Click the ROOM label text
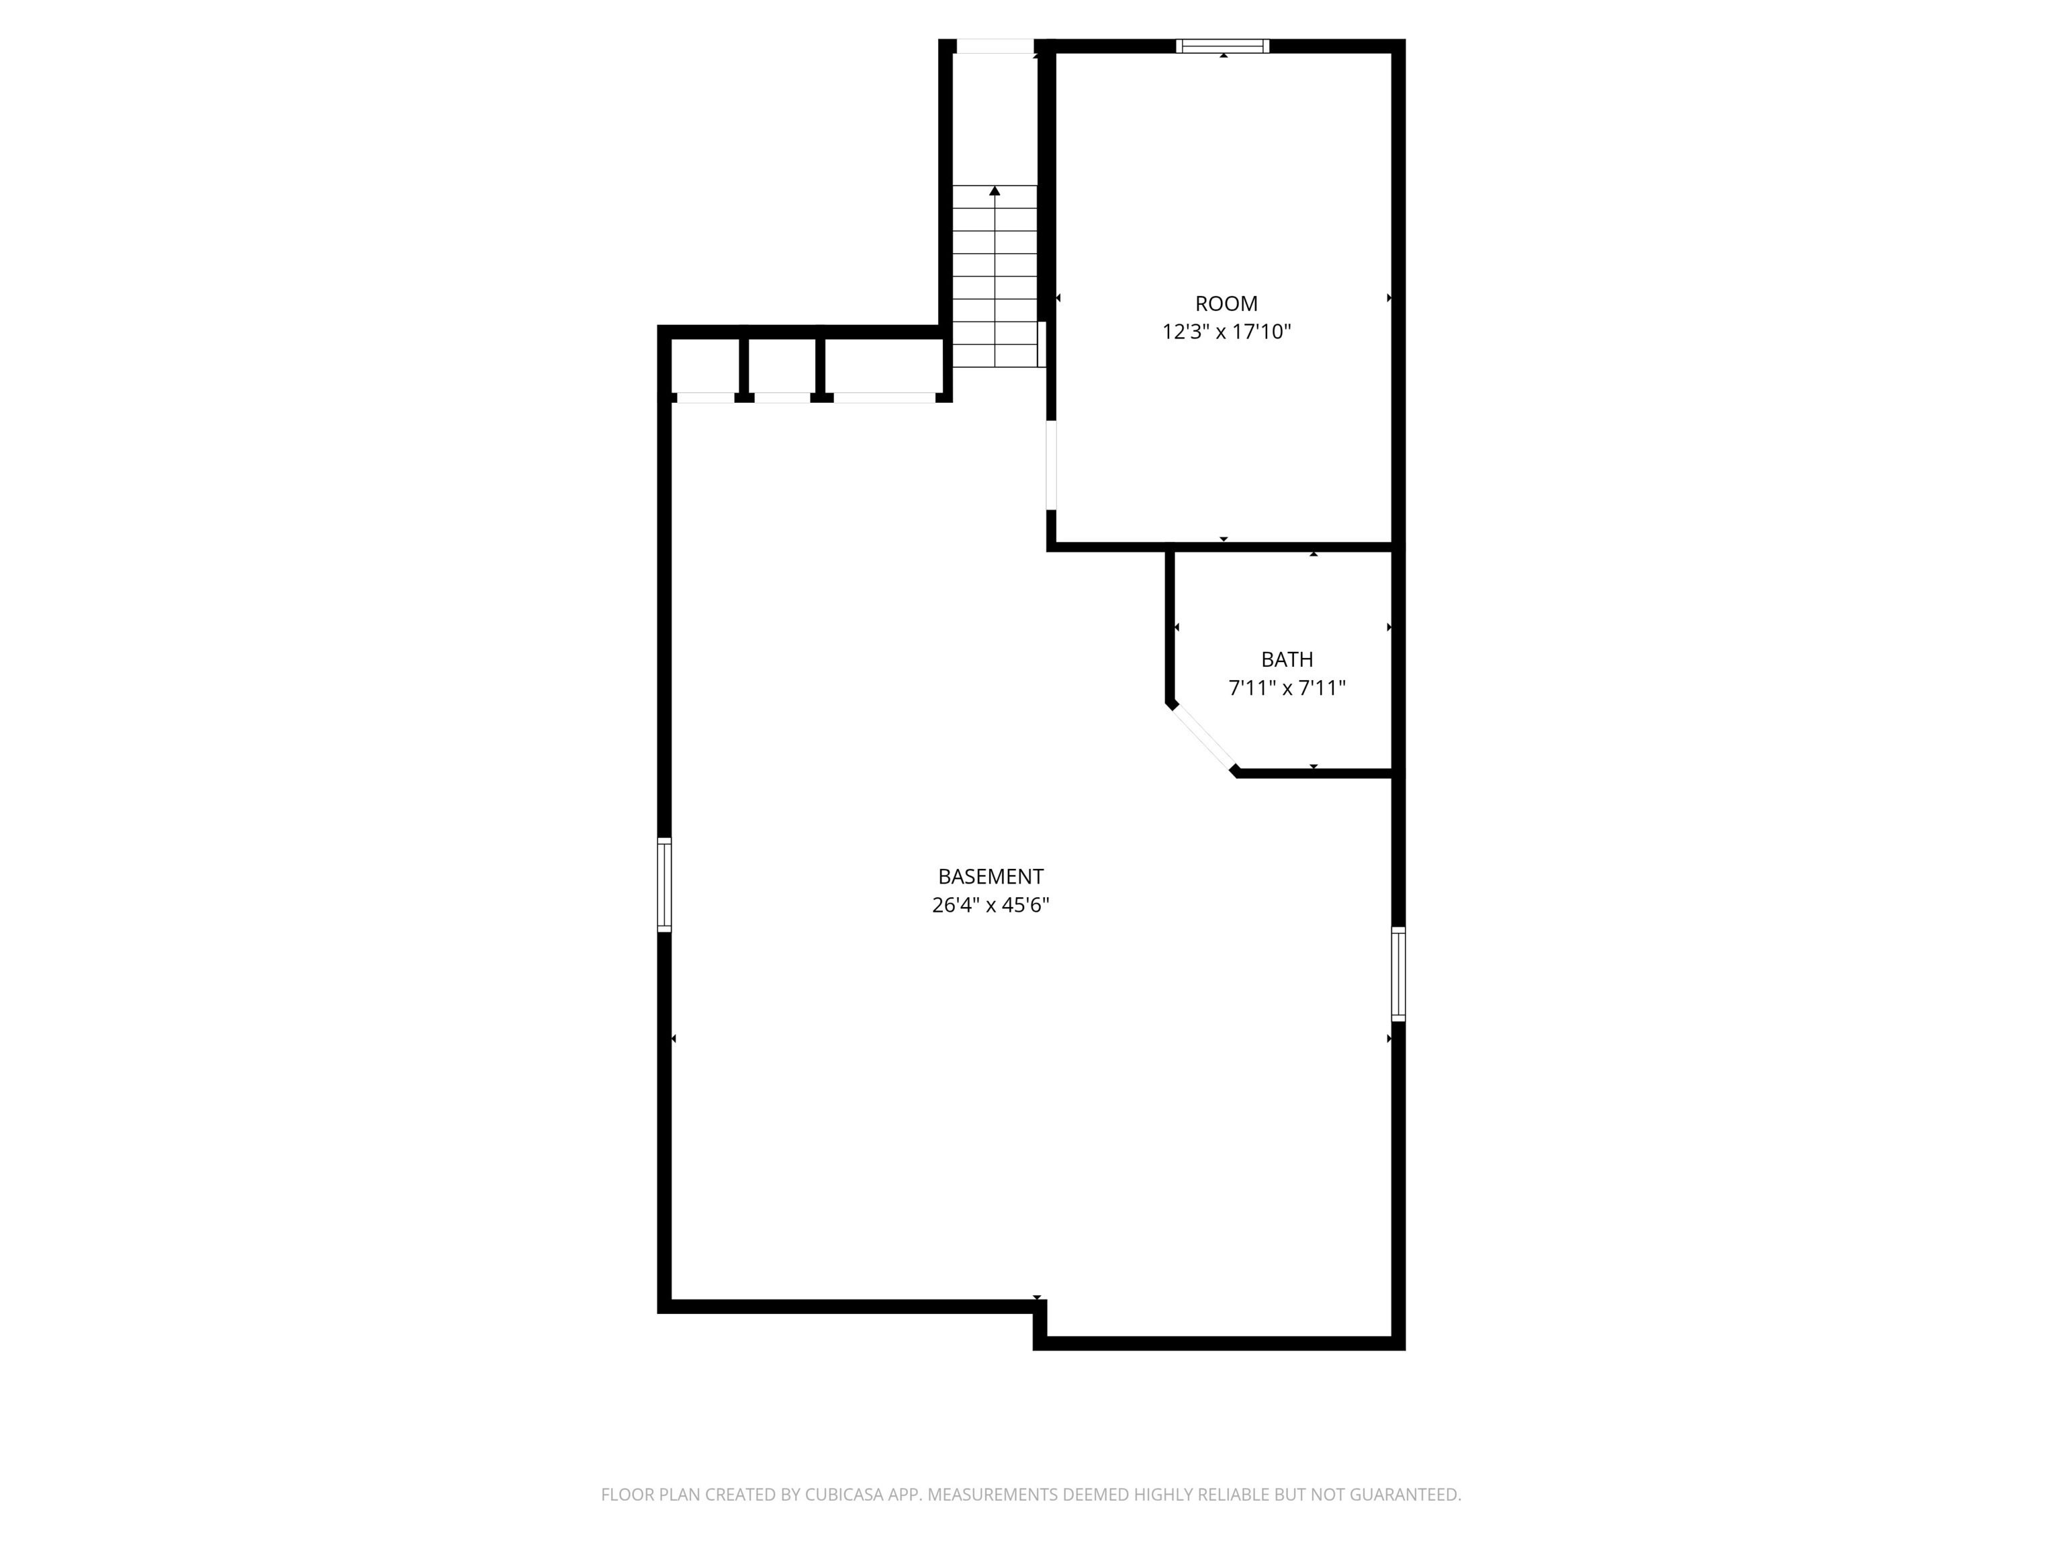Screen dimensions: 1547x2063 (x=1226, y=303)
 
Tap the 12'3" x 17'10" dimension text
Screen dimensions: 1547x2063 (x=1226, y=332)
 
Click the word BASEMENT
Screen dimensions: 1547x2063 (x=990, y=876)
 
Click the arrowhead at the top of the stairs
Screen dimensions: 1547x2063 (x=994, y=191)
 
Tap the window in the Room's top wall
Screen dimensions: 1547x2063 (x=1223, y=46)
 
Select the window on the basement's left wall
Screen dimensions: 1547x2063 (x=664, y=884)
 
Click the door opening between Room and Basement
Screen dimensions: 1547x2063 (x=1051, y=465)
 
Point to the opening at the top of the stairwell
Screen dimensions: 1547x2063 (x=994, y=46)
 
